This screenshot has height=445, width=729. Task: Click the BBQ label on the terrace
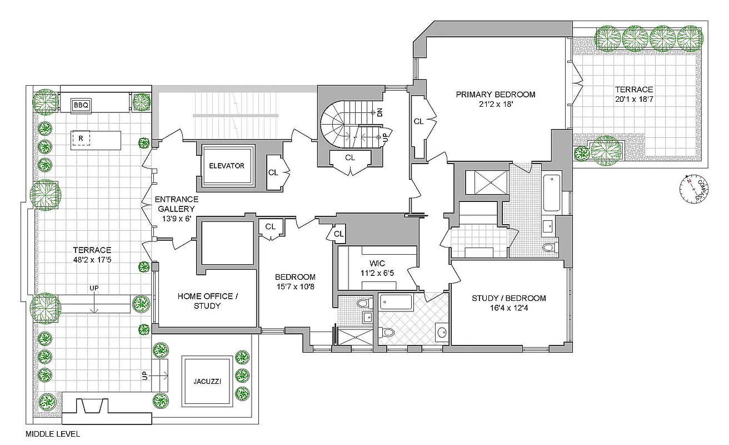(x=81, y=105)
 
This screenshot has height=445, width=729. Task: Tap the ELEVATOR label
(x=226, y=166)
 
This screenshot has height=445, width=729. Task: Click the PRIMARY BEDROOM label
(x=496, y=94)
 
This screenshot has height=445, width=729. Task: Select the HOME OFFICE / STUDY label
(x=207, y=301)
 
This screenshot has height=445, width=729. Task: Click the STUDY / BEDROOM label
(x=508, y=298)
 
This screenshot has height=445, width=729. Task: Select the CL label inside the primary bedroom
(x=418, y=121)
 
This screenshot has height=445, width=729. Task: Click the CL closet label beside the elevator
(x=273, y=172)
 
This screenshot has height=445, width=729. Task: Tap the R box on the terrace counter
(x=81, y=138)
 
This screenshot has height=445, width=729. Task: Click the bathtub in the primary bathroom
(x=552, y=192)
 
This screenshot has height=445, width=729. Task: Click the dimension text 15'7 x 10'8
(x=295, y=288)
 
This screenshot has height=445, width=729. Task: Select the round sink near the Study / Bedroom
(x=441, y=332)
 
